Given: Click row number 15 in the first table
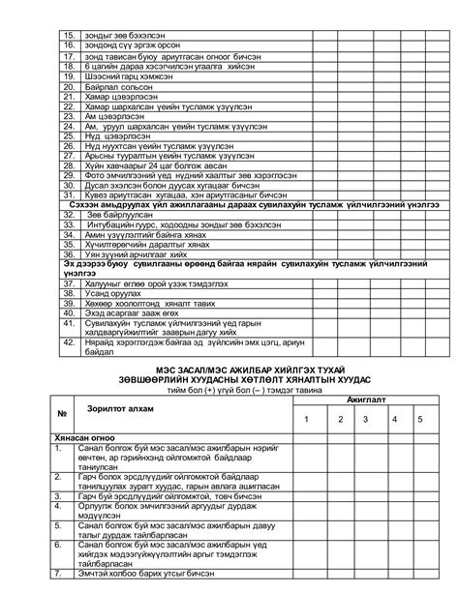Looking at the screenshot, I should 69,34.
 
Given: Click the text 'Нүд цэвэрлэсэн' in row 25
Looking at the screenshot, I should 115,136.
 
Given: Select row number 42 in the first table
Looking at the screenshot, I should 69,351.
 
